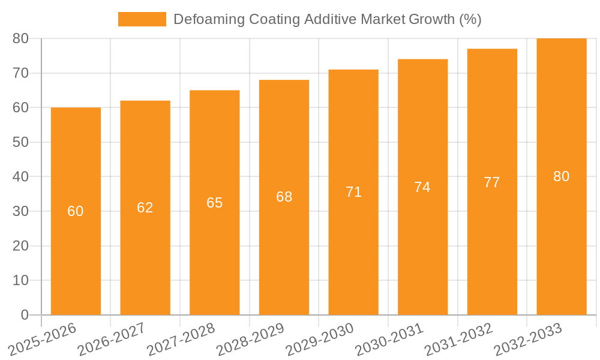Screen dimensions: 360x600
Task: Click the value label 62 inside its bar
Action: pos(145,208)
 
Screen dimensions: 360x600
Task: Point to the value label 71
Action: pos(353,192)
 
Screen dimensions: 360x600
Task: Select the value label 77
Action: pos(492,182)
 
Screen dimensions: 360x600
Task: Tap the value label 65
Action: pos(215,203)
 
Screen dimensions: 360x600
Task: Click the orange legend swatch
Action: pos(142,19)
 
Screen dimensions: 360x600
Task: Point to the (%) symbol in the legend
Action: pos(470,19)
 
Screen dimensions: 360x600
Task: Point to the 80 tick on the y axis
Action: pos(20,38)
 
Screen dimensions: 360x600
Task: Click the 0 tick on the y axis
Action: pos(25,315)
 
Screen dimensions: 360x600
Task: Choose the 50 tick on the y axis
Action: pos(20,142)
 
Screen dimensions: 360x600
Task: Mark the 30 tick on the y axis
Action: pos(20,211)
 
